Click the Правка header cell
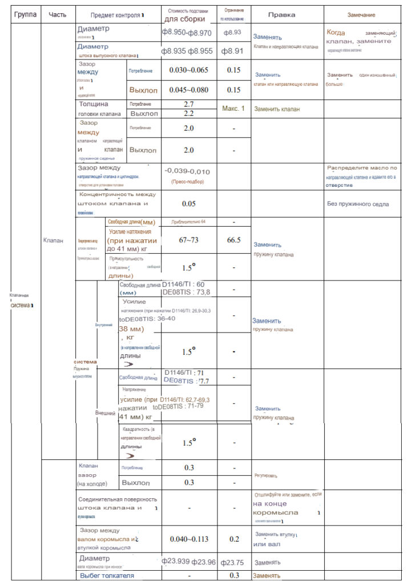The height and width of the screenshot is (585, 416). point(282,14)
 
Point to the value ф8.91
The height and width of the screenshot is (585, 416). point(233,51)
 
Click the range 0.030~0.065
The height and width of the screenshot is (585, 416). point(189,70)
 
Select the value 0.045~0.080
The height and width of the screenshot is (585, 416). point(189,90)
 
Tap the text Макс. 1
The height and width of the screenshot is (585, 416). point(233,109)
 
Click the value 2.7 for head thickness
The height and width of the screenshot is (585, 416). point(189,105)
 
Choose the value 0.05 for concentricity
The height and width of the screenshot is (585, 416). point(189,203)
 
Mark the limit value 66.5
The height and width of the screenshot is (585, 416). point(233,240)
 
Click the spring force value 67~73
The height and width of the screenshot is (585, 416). point(189,240)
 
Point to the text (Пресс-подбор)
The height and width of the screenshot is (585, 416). point(187,181)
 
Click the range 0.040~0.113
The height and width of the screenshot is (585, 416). point(189,539)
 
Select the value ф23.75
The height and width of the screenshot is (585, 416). point(233,562)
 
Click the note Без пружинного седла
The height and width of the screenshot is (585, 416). point(358,204)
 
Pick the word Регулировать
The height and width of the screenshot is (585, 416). point(266,475)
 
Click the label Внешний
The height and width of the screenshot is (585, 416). point(106,412)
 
